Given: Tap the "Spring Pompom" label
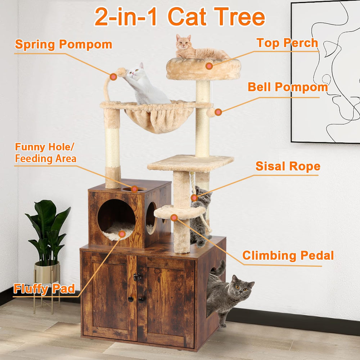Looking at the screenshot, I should coord(63,45).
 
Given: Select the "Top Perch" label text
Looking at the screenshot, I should coord(287,43).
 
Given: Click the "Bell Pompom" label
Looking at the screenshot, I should coord(288,87).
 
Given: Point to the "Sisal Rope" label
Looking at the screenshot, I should coord(288,166).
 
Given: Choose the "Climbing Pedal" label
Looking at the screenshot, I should coord(288,256).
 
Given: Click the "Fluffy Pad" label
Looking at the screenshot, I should coord(44,288).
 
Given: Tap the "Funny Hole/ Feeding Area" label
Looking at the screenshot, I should coord(45,153).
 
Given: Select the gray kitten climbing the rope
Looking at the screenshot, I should coord(200,216).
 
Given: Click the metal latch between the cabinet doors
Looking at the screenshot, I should coord(137,277).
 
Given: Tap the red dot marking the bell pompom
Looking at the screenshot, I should coord(218,112).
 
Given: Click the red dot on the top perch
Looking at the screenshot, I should coord(209,66).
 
